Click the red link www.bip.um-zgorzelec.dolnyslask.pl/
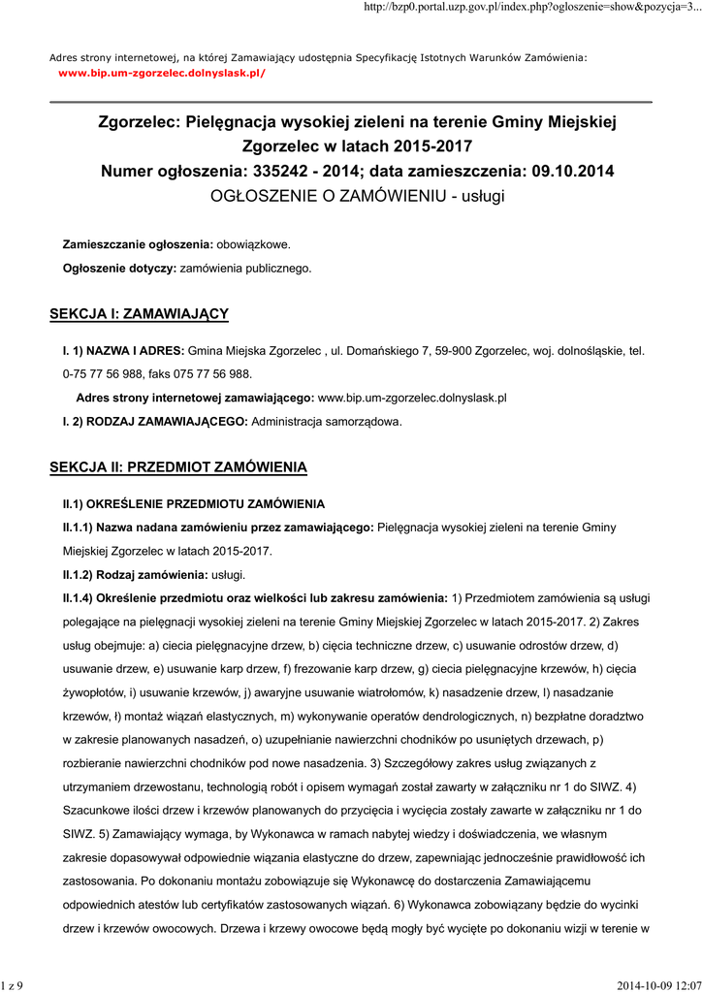pyautogui.click(x=162, y=73)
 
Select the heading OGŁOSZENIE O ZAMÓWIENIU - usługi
pyautogui.click(x=358, y=196)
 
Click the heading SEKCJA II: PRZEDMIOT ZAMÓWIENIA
pyautogui.click(x=178, y=467)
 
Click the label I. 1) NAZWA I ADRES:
pyautogui.click(x=123, y=350)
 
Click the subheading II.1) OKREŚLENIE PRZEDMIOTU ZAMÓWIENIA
pyautogui.click(x=194, y=504)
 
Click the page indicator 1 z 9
pyautogui.click(x=13, y=985)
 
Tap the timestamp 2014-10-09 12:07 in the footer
pyautogui.click(x=657, y=985)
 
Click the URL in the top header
pyautogui.click(x=530, y=8)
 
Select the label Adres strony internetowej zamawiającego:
pyautogui.click(x=195, y=398)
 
